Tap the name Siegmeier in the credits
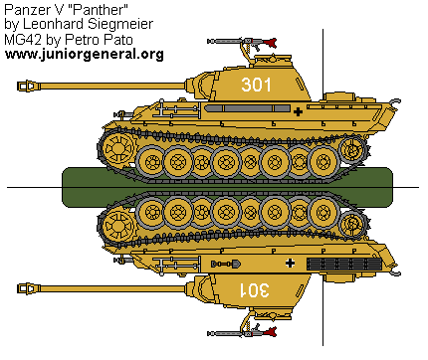[x=122, y=25]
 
